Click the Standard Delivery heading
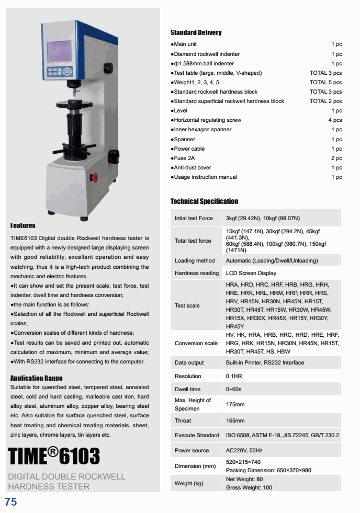coord(196,32)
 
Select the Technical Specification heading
coord(204,201)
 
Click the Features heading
coord(23,225)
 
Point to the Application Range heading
coord(36,378)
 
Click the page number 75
coord(11,503)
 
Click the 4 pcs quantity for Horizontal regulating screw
coord(335,120)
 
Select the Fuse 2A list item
coord(184,158)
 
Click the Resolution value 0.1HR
coord(234,376)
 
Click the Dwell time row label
coord(187,389)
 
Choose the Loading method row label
coord(195,260)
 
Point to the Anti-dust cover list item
coord(192,168)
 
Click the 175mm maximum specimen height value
coord(235,404)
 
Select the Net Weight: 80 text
coord(244,479)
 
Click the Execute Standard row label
coord(197,435)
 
